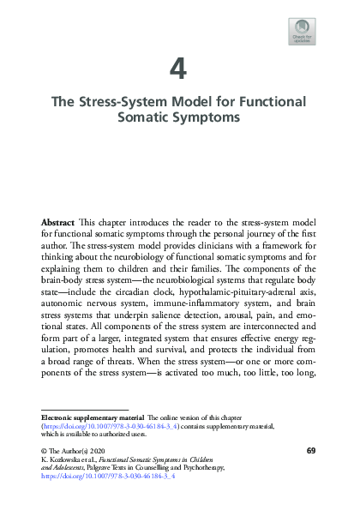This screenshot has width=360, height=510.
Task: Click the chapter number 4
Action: (x=180, y=68)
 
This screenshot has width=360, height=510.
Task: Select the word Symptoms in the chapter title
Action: (x=211, y=117)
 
